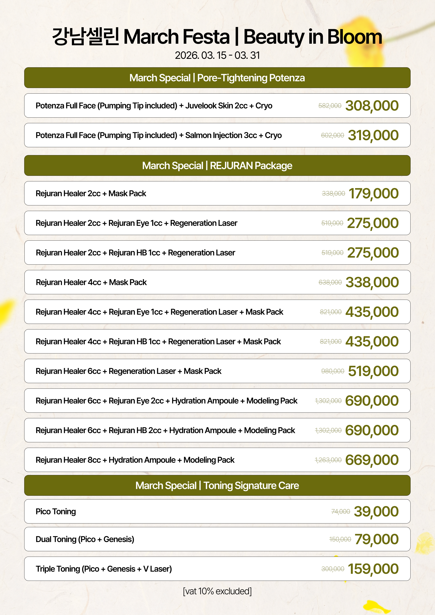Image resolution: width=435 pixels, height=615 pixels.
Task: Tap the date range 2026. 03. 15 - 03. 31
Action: (x=217, y=55)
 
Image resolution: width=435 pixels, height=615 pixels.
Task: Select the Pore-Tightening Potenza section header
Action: (x=217, y=78)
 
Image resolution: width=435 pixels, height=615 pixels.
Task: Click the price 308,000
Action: (x=372, y=106)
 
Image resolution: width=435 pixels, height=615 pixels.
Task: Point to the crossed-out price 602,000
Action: (x=332, y=135)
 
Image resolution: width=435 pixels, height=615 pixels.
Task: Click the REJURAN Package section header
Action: (x=217, y=165)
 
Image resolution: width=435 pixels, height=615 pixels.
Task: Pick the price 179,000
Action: (x=373, y=193)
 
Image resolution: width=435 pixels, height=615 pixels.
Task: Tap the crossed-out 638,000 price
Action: (x=330, y=282)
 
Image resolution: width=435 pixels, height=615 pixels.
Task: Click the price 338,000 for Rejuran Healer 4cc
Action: (x=372, y=282)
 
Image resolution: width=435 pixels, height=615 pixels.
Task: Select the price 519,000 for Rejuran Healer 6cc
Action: (x=373, y=371)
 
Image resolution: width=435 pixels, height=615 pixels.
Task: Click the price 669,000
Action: (x=372, y=460)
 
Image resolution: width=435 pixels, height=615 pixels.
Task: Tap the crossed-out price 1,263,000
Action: (x=328, y=460)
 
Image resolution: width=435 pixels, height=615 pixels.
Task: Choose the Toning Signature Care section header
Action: (x=217, y=485)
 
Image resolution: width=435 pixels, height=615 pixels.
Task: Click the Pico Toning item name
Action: (x=56, y=511)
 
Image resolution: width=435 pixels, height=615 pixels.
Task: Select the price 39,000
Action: (x=376, y=511)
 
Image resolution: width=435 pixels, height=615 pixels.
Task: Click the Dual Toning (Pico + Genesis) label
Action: (x=85, y=539)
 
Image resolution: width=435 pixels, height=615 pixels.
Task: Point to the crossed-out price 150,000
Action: (x=340, y=539)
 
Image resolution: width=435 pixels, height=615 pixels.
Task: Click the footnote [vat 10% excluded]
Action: (x=217, y=591)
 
